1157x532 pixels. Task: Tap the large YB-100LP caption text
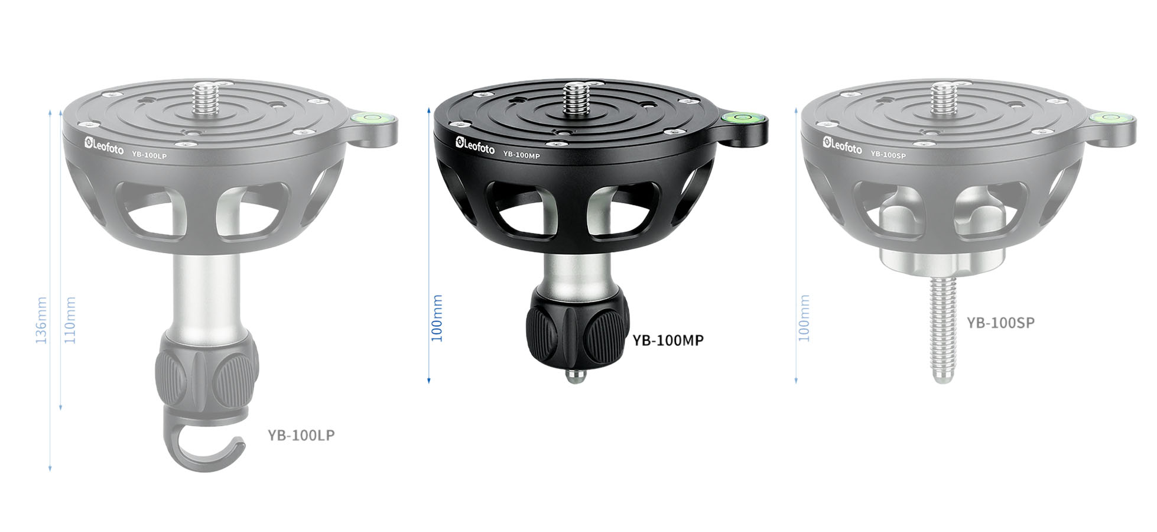click(x=301, y=435)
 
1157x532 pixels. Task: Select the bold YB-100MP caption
click(x=668, y=340)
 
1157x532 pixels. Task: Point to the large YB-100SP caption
click(x=1000, y=323)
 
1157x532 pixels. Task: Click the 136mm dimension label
click(x=41, y=320)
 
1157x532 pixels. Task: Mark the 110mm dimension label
click(x=70, y=320)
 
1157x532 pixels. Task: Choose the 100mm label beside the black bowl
click(x=437, y=318)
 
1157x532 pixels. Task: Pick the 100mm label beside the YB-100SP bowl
click(x=804, y=318)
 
